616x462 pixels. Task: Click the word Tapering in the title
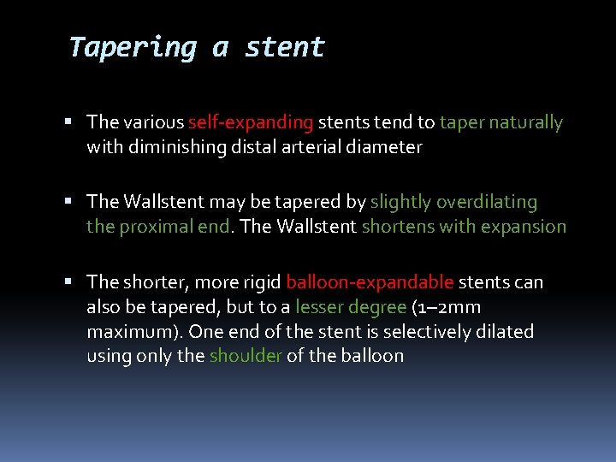pos(132,47)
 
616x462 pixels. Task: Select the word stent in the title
pos(285,47)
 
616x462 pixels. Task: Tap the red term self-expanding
pos(252,123)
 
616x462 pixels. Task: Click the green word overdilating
pos(487,202)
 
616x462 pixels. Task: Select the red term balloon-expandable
pos(370,282)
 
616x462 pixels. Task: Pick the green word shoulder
pos(246,356)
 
